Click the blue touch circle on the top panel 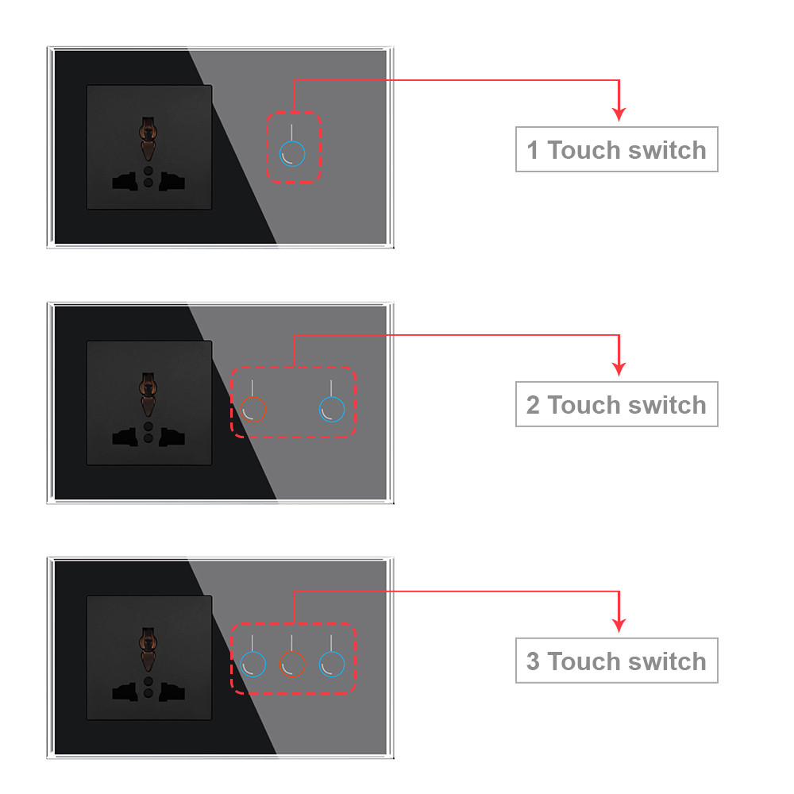click(292, 142)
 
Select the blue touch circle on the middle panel click(332, 397)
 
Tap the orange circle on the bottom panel click(292, 652)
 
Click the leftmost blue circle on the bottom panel click(252, 652)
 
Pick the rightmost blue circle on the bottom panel click(332, 652)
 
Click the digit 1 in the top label click(532, 150)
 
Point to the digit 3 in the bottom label click(533, 661)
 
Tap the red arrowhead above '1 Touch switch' click(619, 114)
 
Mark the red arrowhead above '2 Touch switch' click(619, 368)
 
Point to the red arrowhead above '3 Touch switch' click(619, 625)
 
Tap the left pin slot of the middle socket click(125, 437)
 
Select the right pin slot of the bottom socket click(172, 692)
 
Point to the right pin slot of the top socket click(172, 181)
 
